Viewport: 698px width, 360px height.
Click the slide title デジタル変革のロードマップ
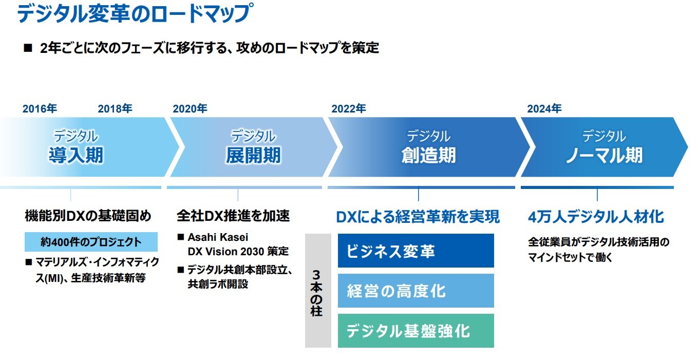[135, 14]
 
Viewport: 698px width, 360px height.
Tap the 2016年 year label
[40, 109]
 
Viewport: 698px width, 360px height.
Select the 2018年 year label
[115, 109]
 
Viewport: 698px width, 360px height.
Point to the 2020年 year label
[190, 109]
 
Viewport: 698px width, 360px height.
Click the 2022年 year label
[349, 109]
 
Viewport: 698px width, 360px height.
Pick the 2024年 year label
[544, 109]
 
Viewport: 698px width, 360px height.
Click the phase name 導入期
[76, 155]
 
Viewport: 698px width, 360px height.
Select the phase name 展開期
[253, 155]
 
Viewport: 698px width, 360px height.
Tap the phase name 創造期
[428, 155]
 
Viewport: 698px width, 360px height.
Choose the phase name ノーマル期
[604, 155]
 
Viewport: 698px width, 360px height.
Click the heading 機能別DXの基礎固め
[88, 216]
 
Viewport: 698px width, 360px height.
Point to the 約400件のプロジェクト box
[90, 242]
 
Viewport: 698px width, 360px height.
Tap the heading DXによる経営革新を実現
[418, 217]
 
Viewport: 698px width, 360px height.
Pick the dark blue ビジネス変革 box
[416, 251]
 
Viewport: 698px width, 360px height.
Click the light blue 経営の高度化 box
[416, 291]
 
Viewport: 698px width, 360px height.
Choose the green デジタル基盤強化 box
[416, 331]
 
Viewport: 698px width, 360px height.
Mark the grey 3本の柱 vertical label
[317, 291]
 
